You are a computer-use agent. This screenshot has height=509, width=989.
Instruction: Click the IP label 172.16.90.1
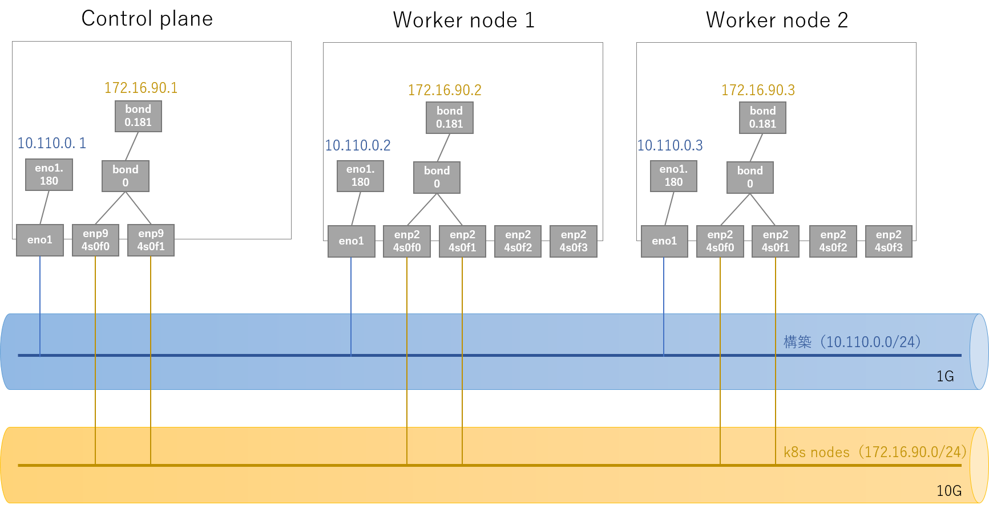140,88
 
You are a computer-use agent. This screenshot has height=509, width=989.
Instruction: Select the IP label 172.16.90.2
445,90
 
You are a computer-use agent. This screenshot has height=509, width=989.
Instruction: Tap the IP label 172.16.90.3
758,90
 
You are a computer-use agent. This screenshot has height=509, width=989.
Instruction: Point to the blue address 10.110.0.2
358,145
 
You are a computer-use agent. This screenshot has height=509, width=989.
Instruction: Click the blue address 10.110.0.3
670,145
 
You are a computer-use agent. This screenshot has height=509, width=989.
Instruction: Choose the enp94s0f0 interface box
95,240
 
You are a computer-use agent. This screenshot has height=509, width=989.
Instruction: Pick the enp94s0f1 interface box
151,240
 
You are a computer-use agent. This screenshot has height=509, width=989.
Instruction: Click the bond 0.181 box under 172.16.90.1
138,116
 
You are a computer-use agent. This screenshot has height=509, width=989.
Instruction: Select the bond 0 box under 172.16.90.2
437,177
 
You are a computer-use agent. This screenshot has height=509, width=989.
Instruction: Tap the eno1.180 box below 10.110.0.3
673,176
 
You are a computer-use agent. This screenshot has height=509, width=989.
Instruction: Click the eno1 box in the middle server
351,241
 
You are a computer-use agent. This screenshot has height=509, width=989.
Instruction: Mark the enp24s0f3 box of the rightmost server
889,241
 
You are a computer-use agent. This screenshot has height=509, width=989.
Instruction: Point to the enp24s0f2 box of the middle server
518,241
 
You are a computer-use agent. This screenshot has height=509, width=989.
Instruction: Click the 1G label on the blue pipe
945,376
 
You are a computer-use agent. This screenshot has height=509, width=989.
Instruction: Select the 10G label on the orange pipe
948,491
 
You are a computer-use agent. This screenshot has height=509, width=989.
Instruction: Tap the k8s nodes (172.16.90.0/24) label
874,453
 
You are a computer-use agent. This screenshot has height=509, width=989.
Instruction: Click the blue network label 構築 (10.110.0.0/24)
851,342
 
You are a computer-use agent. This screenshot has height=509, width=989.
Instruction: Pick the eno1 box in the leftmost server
40,240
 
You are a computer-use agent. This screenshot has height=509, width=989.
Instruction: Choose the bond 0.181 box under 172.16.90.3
762,117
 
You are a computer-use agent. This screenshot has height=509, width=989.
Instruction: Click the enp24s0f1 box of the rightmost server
776,241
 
